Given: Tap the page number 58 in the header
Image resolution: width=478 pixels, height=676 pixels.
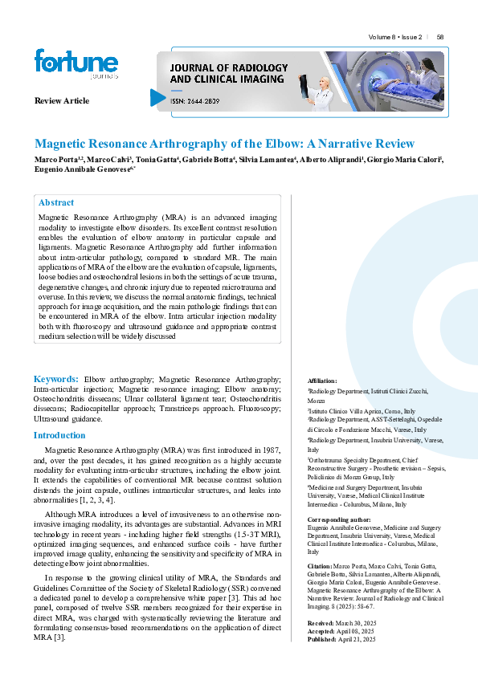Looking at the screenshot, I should tap(440, 38).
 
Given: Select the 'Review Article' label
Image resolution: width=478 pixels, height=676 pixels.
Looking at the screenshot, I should tap(62, 100).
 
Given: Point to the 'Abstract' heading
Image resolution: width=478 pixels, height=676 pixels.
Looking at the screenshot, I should tap(56, 203).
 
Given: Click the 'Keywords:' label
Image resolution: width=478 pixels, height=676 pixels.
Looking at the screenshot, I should tap(55, 378).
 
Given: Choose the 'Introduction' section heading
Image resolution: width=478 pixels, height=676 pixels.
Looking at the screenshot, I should tap(59, 435).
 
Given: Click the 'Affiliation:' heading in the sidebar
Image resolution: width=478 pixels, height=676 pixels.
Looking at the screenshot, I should tap(322, 381).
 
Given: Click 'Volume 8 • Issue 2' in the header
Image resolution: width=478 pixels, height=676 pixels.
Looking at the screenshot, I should tap(395, 38).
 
